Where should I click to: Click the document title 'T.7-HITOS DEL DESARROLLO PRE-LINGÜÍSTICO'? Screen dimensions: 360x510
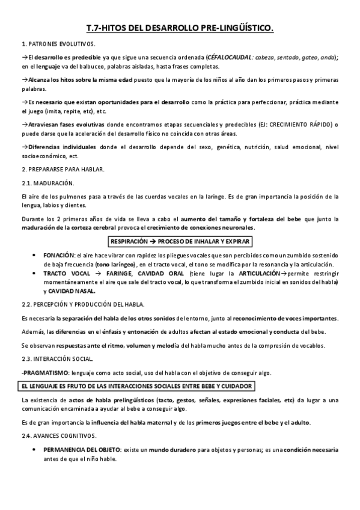click(x=180, y=28)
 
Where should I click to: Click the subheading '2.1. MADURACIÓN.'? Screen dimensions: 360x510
click(x=47, y=183)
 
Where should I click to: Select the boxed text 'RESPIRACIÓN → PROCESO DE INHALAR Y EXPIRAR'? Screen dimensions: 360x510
click(x=180, y=242)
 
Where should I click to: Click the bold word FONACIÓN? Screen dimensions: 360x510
click(x=59, y=256)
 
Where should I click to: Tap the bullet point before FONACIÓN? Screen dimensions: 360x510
click(x=34, y=256)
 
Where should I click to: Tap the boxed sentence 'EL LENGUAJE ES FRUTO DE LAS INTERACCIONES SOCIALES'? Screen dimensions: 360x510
click(x=136, y=386)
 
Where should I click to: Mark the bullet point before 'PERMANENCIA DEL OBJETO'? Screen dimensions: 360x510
click(x=34, y=450)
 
